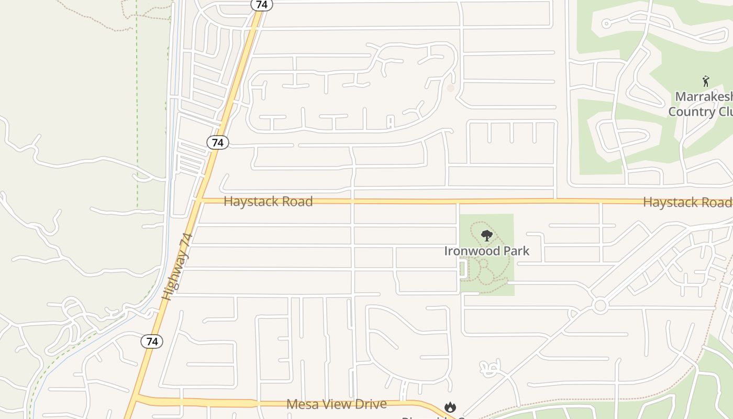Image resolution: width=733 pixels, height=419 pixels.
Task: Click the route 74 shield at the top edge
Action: pyautogui.click(x=262, y=4)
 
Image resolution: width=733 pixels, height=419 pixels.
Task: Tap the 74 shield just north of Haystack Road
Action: pyautogui.click(x=218, y=142)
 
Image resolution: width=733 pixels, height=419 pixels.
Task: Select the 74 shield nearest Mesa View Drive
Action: pyautogui.click(x=152, y=341)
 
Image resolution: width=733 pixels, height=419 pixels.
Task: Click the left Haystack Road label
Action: pyautogui.click(x=268, y=202)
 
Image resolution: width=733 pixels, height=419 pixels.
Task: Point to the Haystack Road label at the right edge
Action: pyautogui.click(x=687, y=202)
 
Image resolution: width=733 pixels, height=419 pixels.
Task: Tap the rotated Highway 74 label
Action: pyautogui.click(x=177, y=267)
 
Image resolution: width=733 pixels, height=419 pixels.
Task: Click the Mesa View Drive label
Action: pyautogui.click(x=337, y=404)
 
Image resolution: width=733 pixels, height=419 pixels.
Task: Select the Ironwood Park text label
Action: pyautogui.click(x=486, y=251)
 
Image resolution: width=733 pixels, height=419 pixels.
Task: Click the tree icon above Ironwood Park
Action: pyautogui.click(x=486, y=235)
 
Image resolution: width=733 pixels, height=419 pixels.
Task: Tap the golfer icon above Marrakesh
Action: pyautogui.click(x=706, y=81)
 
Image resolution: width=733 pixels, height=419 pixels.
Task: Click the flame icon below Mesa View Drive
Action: pyautogui.click(x=450, y=407)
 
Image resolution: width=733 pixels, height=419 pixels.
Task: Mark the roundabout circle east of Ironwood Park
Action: pyautogui.click(x=600, y=305)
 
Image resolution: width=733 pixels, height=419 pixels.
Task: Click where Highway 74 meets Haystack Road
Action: pyautogui.click(x=200, y=200)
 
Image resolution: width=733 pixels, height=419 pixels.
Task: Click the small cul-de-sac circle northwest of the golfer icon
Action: pyautogui.click(x=606, y=24)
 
